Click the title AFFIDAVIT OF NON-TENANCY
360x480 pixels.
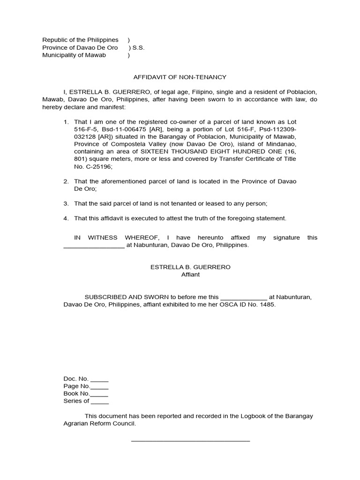tap(180, 77)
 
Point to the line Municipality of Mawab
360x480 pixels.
tap(74, 55)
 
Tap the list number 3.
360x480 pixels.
tap(66, 203)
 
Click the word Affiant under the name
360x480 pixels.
tap(190, 275)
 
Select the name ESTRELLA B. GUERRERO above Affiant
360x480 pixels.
tap(190, 267)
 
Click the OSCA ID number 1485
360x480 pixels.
tap(268, 305)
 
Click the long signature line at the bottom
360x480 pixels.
tap(190, 441)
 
